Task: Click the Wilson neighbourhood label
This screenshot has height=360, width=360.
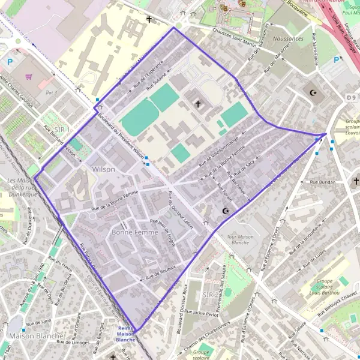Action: [103, 170]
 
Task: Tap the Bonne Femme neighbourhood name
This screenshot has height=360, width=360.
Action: [135, 232]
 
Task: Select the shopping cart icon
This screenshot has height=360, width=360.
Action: [29, 77]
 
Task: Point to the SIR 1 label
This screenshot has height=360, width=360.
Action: [62, 130]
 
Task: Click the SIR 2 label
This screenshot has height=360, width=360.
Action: [211, 295]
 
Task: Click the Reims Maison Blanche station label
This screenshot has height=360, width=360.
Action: [126, 334]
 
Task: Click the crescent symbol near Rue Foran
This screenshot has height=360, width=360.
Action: [226, 211]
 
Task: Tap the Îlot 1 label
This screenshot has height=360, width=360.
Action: [51, 92]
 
